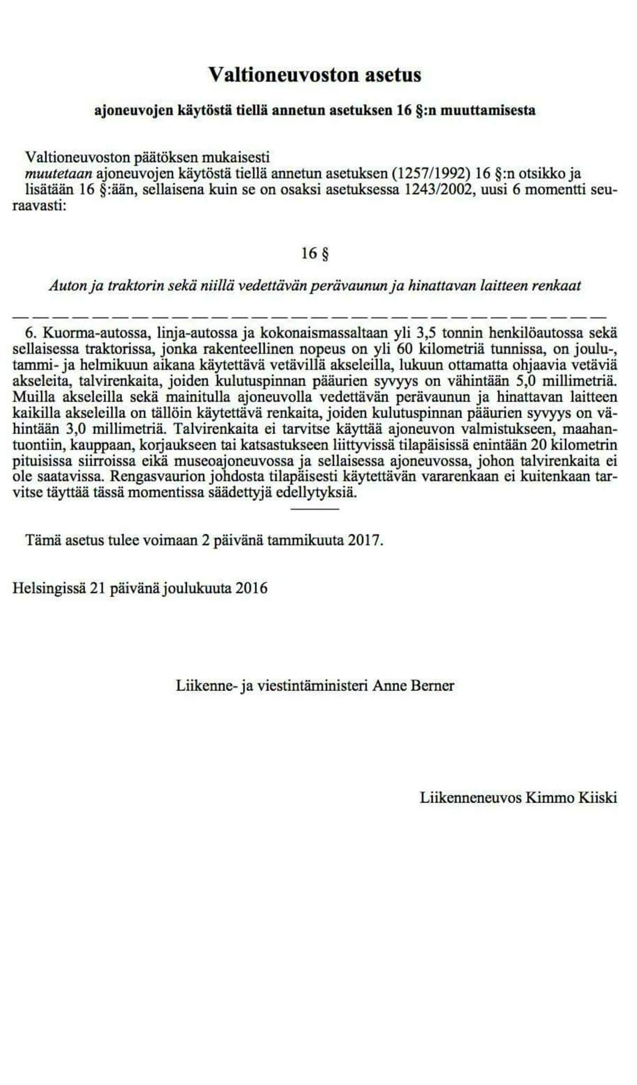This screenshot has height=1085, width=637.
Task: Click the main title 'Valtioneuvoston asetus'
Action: click(x=315, y=75)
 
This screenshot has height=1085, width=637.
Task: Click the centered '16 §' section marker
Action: click(x=315, y=254)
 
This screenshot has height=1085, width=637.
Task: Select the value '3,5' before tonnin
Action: click(x=425, y=334)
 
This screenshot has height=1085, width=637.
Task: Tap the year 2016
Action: click(x=252, y=588)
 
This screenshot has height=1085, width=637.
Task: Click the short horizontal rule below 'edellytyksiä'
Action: click(x=315, y=509)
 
